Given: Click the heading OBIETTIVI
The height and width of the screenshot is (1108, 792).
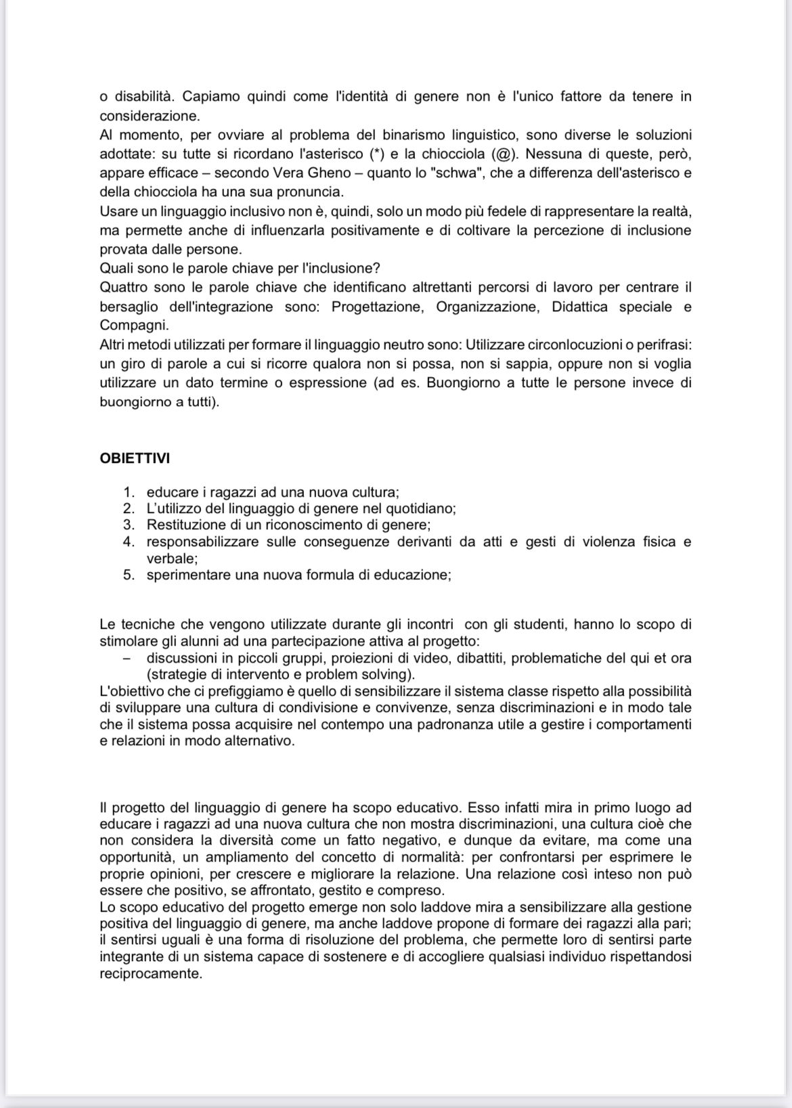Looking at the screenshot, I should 135,458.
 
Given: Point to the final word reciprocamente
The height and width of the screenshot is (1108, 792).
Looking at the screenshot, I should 150,975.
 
